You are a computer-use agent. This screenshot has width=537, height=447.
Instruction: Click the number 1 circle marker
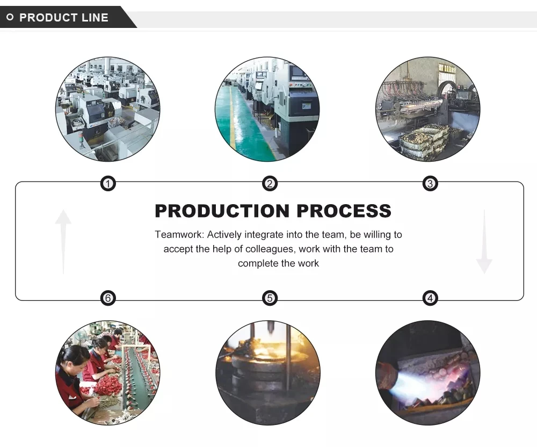click(108, 184)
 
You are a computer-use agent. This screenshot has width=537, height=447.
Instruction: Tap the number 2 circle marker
click(270, 184)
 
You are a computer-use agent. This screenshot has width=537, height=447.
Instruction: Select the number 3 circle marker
click(430, 184)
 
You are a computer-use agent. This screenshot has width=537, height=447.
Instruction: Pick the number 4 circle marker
click(430, 298)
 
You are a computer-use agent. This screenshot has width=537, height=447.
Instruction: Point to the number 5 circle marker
click(270, 298)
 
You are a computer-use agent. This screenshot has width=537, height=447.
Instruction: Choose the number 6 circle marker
click(108, 298)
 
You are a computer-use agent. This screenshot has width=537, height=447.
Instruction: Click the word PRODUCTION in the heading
click(222, 211)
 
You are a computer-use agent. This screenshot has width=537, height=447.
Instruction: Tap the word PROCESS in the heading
click(344, 211)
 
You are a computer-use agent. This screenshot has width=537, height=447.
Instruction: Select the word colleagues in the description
click(271, 249)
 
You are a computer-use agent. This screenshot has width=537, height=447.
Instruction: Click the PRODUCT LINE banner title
click(63, 18)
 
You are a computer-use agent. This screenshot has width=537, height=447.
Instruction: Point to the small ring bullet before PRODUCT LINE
click(10, 18)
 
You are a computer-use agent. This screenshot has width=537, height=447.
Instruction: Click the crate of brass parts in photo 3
click(424, 141)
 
